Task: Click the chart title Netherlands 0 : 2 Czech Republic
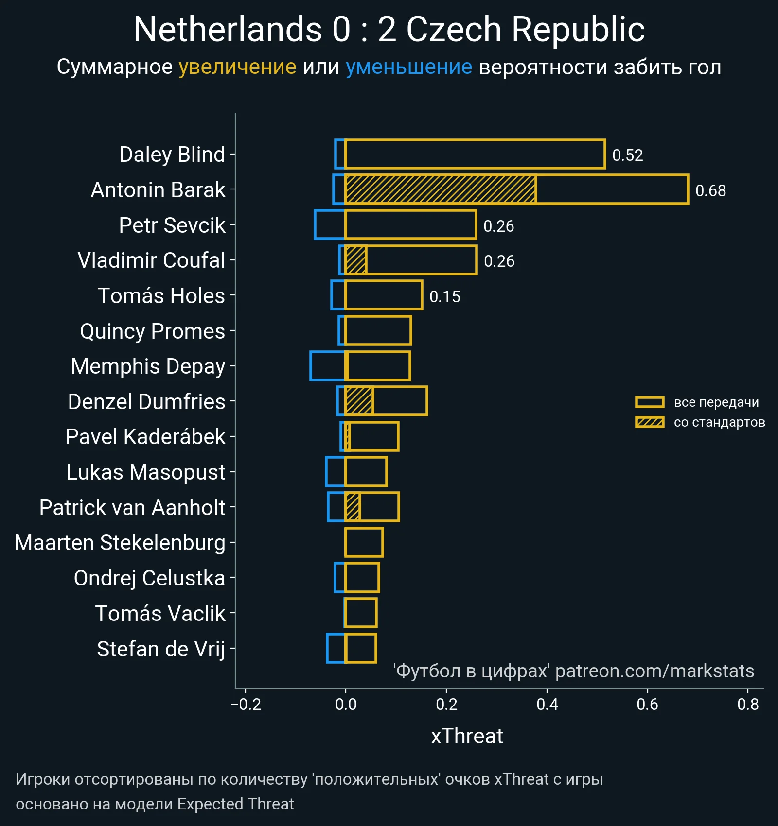coord(389,30)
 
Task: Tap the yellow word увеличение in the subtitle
coord(237,67)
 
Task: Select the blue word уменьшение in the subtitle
coord(408,67)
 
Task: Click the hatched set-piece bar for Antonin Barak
coord(441,189)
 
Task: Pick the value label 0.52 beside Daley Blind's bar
coord(627,155)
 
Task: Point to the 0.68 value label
coord(710,190)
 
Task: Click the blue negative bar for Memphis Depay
coord(327,366)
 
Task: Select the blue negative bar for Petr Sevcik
coord(330,224)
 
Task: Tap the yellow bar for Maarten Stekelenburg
coord(364,542)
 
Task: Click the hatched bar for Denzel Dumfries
coord(359,401)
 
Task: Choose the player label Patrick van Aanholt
coord(132,507)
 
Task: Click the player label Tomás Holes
coord(161,295)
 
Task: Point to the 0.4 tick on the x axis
coord(547,704)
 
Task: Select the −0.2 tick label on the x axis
coord(246,704)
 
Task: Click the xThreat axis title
coord(467,736)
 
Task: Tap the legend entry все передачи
coord(716,402)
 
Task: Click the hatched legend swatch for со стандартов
coord(650,422)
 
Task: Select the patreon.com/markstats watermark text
coord(654,671)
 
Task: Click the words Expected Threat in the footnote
coord(235,804)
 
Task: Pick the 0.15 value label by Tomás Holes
coord(445,296)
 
